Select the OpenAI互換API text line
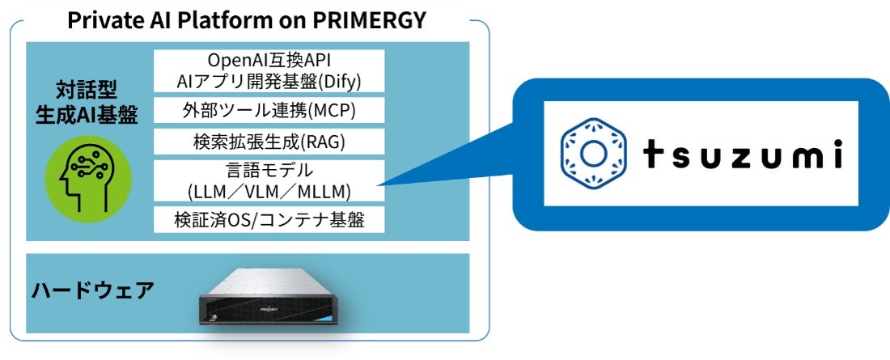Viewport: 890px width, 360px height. tap(269, 60)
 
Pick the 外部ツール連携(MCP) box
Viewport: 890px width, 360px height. tap(269, 110)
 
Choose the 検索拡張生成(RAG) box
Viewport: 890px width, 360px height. tap(269, 142)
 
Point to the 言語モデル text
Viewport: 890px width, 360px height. tap(269, 171)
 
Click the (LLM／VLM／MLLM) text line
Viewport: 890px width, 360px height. tap(269, 192)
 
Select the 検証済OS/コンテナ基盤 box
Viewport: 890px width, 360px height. tap(269, 220)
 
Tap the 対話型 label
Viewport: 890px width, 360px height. tap(87, 90)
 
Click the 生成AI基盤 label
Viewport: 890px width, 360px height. tap(87, 115)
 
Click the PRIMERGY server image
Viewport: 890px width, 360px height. tap(269, 298)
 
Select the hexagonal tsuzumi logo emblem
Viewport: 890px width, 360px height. tap(593, 154)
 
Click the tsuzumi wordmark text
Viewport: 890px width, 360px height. tap(743, 155)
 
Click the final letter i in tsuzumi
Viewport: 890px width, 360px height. tap(837, 154)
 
